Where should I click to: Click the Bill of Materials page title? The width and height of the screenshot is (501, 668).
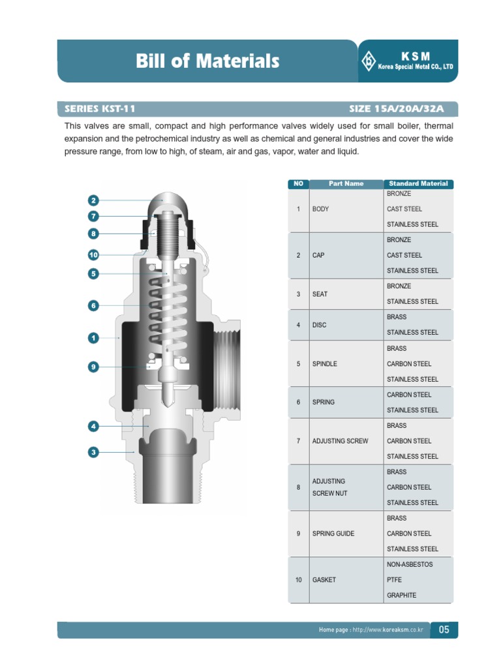click(x=207, y=61)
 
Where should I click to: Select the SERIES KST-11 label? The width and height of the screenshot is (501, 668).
click(x=100, y=109)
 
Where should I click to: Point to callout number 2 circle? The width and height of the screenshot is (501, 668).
click(x=93, y=200)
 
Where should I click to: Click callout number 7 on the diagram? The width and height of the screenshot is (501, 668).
click(x=93, y=216)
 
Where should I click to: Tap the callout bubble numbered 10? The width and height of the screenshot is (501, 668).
click(x=93, y=254)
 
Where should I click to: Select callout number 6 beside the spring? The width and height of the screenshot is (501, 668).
click(x=93, y=305)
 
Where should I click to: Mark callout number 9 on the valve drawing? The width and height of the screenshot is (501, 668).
click(x=93, y=367)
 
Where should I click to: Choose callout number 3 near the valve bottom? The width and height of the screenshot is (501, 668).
click(x=93, y=451)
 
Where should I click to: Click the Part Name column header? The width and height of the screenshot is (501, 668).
click(x=346, y=184)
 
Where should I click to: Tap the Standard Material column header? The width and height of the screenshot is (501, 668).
click(x=418, y=184)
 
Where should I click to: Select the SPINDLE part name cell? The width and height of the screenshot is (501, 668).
click(x=325, y=364)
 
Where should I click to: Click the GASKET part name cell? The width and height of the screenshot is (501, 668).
click(x=324, y=580)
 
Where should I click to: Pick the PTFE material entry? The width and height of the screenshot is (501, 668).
click(x=395, y=580)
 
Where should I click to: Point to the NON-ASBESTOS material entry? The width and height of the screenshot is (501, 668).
click(x=410, y=564)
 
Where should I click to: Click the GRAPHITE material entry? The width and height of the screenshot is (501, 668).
click(x=401, y=596)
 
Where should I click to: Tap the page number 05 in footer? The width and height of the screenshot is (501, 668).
click(x=444, y=630)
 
